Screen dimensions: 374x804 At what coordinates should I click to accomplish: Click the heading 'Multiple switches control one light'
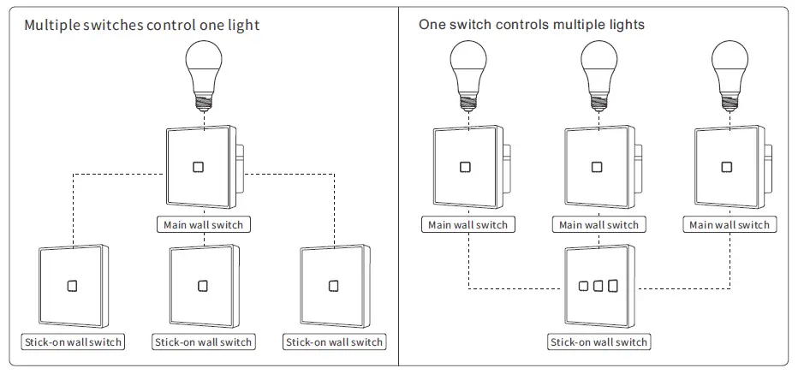pos(141,26)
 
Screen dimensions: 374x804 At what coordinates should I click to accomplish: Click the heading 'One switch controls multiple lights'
pos(532,25)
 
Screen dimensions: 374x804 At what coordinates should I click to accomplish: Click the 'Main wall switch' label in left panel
pos(203,225)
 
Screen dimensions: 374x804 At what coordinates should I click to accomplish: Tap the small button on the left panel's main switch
pos(199,166)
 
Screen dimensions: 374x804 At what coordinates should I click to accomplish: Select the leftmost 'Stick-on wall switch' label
pos(72,342)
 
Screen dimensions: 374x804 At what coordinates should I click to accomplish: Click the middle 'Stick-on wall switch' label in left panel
pos(203,342)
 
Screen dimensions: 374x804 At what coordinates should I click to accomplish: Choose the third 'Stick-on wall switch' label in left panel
pos(334,342)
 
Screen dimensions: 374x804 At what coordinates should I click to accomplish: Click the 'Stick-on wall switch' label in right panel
pos(599,342)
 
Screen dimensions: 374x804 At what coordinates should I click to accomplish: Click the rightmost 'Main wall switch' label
pos(729,225)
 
